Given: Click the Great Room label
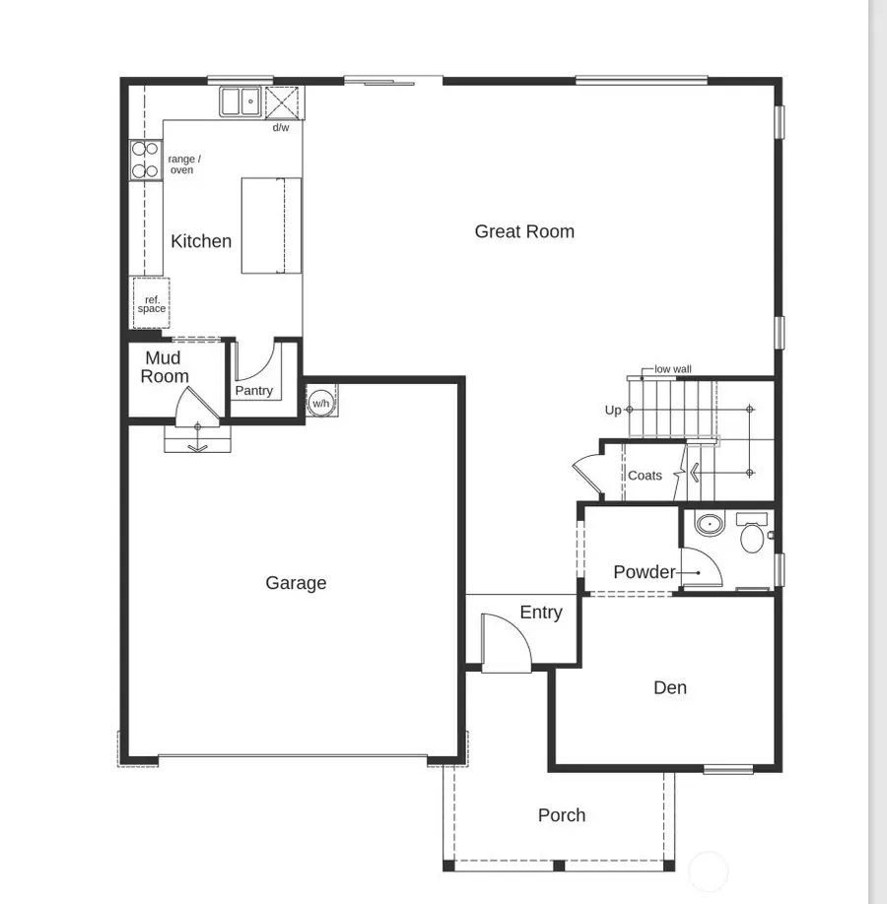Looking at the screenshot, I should click(524, 231).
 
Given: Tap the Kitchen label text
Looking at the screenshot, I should click(201, 241).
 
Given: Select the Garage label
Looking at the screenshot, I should click(296, 583).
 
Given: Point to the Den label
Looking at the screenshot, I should click(670, 687).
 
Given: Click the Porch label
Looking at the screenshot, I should click(562, 815).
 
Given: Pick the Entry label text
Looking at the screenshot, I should click(541, 613).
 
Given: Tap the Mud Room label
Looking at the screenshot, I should click(165, 367).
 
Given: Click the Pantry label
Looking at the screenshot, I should click(253, 391).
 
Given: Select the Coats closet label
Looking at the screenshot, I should click(646, 476).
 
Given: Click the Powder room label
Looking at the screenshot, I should click(645, 572).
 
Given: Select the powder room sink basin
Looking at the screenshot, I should click(709, 523).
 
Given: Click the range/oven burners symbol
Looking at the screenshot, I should click(145, 161).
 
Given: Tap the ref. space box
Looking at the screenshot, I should click(151, 303).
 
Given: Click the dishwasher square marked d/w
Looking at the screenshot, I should click(281, 102).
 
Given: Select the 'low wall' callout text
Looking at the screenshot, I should click(673, 369).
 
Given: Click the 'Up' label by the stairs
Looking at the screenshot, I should click(613, 411).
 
